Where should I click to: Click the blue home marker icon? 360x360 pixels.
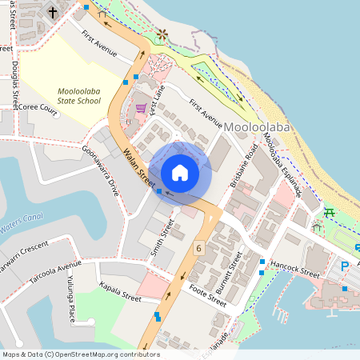[180, 173]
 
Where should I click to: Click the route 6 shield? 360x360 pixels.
[198, 249]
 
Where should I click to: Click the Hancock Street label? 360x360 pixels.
[295, 267]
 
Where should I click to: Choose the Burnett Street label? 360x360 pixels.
[227, 273]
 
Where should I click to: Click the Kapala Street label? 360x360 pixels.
[119, 292]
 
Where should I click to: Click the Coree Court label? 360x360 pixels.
[39, 109]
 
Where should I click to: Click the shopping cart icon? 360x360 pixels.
[141, 107]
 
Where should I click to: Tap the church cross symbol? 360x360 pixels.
[54, 12]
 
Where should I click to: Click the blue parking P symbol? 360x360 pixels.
[346, 266]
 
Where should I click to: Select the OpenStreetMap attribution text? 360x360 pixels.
[80, 354]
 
